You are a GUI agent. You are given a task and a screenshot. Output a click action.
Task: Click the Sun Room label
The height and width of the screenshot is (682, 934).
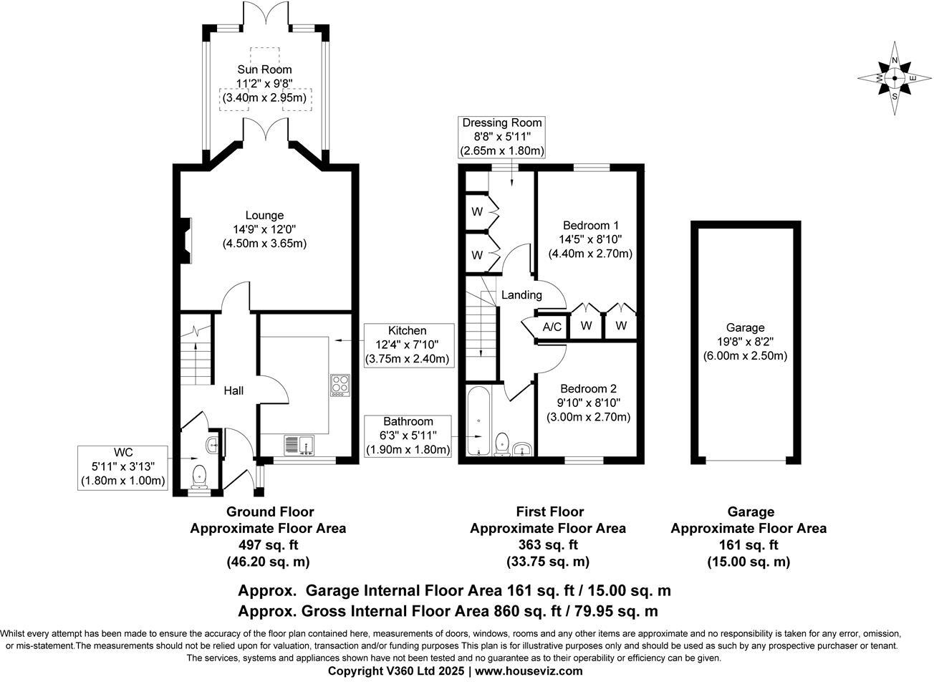[264, 69]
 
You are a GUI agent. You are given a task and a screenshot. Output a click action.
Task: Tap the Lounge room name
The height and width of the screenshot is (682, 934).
[264, 215]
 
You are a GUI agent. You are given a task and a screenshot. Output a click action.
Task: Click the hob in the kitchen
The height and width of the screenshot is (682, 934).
[340, 385]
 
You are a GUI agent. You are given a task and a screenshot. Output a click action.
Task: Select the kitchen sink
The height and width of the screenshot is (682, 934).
[299, 445]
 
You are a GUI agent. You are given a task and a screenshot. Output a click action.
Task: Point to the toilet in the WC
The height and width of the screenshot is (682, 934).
[200, 477]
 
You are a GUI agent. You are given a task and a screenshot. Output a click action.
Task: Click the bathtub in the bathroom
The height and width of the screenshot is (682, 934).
[478, 421]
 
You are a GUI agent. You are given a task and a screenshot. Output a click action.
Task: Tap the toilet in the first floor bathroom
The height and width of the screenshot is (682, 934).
[501, 445]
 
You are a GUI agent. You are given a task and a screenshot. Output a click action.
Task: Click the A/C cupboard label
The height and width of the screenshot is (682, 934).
[552, 327]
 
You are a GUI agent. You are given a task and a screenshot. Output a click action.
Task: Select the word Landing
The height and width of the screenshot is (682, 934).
[521, 295]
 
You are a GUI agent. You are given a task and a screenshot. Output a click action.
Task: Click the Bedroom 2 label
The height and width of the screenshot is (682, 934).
[588, 389]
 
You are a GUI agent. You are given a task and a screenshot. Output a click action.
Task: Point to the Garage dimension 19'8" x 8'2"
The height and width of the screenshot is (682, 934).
[745, 342]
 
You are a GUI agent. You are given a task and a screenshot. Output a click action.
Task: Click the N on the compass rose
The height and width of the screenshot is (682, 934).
[895, 60]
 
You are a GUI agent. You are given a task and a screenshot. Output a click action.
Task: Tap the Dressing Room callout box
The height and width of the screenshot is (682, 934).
[502, 138]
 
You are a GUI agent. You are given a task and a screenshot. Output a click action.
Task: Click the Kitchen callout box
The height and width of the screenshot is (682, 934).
[409, 345]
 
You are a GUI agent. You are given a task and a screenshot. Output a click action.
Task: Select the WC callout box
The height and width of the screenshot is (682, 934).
[123, 468]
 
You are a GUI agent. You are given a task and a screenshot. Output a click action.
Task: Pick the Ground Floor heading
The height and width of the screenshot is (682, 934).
[270, 511]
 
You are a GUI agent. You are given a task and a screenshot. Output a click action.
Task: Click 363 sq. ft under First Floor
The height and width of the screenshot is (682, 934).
[548, 544]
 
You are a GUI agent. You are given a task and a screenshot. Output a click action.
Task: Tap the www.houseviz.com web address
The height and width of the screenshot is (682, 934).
[529, 671]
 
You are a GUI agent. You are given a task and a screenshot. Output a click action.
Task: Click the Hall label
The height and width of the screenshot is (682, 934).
[233, 391]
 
